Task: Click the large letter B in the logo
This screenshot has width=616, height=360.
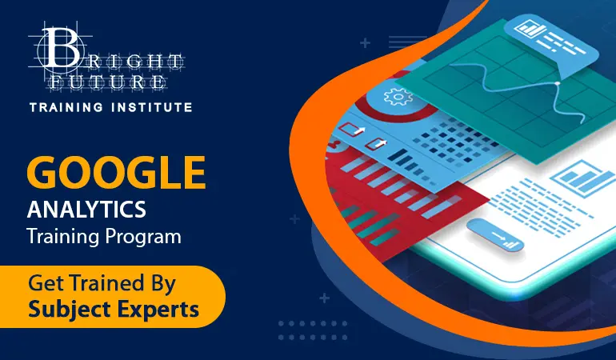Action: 61,47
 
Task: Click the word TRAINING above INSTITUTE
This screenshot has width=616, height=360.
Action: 66,107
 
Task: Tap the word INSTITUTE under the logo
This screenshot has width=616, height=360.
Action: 152,107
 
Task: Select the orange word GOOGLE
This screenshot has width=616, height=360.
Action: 116,173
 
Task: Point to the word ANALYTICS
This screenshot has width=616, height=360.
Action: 86,209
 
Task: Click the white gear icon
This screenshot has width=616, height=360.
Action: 398,97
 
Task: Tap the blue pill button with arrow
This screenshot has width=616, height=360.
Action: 496,235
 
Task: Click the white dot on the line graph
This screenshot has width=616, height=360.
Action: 557,83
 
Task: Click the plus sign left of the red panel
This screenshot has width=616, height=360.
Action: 294,219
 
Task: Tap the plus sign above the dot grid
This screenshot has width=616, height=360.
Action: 324,298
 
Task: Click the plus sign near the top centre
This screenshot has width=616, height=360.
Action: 366,43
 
